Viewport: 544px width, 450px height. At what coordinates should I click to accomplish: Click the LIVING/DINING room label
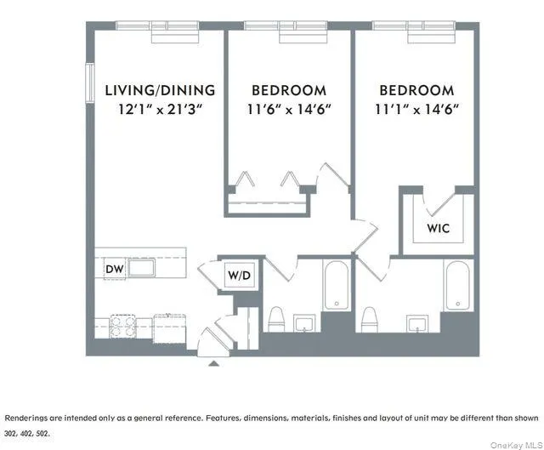[160, 90]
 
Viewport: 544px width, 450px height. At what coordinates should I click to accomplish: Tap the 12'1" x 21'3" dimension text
[160, 109]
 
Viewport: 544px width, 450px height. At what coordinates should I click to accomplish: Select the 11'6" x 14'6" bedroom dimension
[289, 109]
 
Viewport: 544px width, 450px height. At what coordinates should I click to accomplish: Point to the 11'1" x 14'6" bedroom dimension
[416, 109]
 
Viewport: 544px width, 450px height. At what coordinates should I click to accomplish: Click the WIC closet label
[439, 229]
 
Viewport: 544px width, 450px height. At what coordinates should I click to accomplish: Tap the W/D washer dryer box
[238, 275]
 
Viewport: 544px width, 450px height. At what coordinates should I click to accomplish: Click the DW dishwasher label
[115, 270]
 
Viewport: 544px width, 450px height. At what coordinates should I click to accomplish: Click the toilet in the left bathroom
[276, 320]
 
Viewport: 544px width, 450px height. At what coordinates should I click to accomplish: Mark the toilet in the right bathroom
[369, 320]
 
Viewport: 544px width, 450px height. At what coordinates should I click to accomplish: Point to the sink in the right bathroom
[416, 323]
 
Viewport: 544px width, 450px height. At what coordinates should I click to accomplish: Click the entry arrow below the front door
[213, 362]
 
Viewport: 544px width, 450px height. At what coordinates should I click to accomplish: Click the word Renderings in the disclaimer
[27, 419]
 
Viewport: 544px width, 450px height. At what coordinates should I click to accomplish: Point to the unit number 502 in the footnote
[43, 433]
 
